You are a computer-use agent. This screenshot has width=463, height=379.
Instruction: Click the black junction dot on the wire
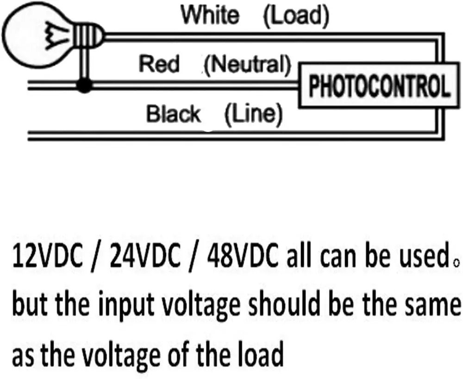(x=84, y=85)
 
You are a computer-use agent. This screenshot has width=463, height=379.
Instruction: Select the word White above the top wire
(x=210, y=15)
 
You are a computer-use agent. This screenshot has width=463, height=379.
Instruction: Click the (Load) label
(x=296, y=16)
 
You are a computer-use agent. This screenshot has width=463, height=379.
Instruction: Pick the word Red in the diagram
(x=159, y=63)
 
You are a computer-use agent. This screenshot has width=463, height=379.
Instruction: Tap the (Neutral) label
(x=248, y=64)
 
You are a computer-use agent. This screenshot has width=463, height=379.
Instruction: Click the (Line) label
(x=253, y=114)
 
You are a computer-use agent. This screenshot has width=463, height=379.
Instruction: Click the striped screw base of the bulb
(x=84, y=34)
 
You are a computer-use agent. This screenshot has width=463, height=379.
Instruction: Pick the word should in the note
(x=283, y=305)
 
